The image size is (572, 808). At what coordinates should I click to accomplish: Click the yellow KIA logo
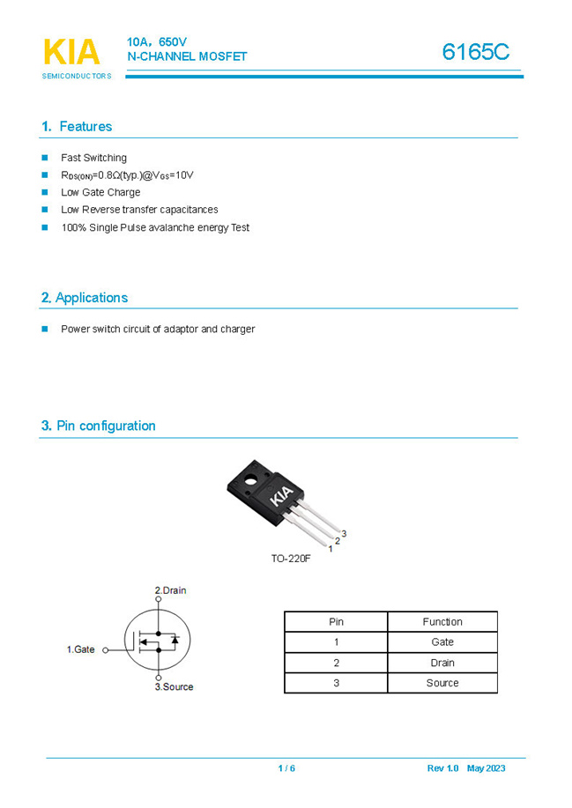(71, 52)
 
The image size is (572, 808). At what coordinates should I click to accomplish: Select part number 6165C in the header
(476, 52)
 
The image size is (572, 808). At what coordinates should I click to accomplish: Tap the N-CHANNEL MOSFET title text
(187, 57)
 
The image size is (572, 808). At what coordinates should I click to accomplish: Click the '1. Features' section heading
(77, 127)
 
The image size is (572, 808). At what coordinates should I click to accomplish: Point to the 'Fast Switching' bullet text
(93, 158)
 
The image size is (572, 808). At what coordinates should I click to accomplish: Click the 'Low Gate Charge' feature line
(100, 192)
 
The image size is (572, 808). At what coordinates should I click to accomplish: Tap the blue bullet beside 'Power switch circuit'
(45, 329)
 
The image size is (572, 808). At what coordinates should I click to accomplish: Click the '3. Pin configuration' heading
(98, 426)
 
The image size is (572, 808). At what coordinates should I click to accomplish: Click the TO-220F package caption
(291, 559)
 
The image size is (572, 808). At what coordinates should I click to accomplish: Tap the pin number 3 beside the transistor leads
(344, 533)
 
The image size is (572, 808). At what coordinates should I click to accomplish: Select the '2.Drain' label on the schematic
(170, 590)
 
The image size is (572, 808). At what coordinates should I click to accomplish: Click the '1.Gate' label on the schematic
(81, 649)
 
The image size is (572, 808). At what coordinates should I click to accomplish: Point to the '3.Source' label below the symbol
(174, 686)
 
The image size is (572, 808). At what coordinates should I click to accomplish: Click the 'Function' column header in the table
(442, 621)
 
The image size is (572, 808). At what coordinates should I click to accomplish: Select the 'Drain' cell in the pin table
(442, 663)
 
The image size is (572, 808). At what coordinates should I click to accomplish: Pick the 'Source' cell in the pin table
(442, 683)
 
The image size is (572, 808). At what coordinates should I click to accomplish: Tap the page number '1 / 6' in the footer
(286, 768)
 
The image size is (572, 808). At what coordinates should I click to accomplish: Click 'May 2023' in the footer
(487, 768)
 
